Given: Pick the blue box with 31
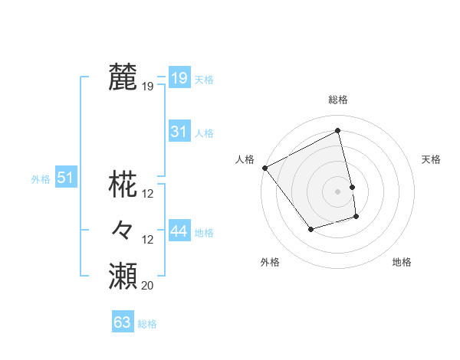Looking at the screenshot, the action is pyautogui.click(x=179, y=132).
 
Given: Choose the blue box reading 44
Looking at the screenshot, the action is pyautogui.click(x=179, y=231).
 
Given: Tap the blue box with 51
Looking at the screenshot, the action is pyautogui.click(x=66, y=178).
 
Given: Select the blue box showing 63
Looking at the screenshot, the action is pyautogui.click(x=123, y=322).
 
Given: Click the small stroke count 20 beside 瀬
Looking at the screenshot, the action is pyautogui.click(x=147, y=286).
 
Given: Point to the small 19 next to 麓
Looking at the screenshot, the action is pyautogui.click(x=147, y=87).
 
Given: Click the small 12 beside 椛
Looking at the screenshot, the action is pyautogui.click(x=148, y=194).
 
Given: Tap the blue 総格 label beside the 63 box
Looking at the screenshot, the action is pyautogui.click(x=147, y=324).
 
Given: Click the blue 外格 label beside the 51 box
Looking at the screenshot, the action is pyautogui.click(x=41, y=179).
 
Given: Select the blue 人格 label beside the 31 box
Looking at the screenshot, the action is pyautogui.click(x=204, y=133).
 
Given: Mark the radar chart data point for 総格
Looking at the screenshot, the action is pyautogui.click(x=337, y=131).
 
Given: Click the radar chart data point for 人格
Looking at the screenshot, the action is pyautogui.click(x=264, y=167).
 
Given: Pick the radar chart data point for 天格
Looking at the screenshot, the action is pyautogui.click(x=352, y=186).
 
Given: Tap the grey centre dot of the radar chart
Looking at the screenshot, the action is pyautogui.click(x=337, y=191).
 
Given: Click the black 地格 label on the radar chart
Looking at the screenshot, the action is pyautogui.click(x=402, y=262).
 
